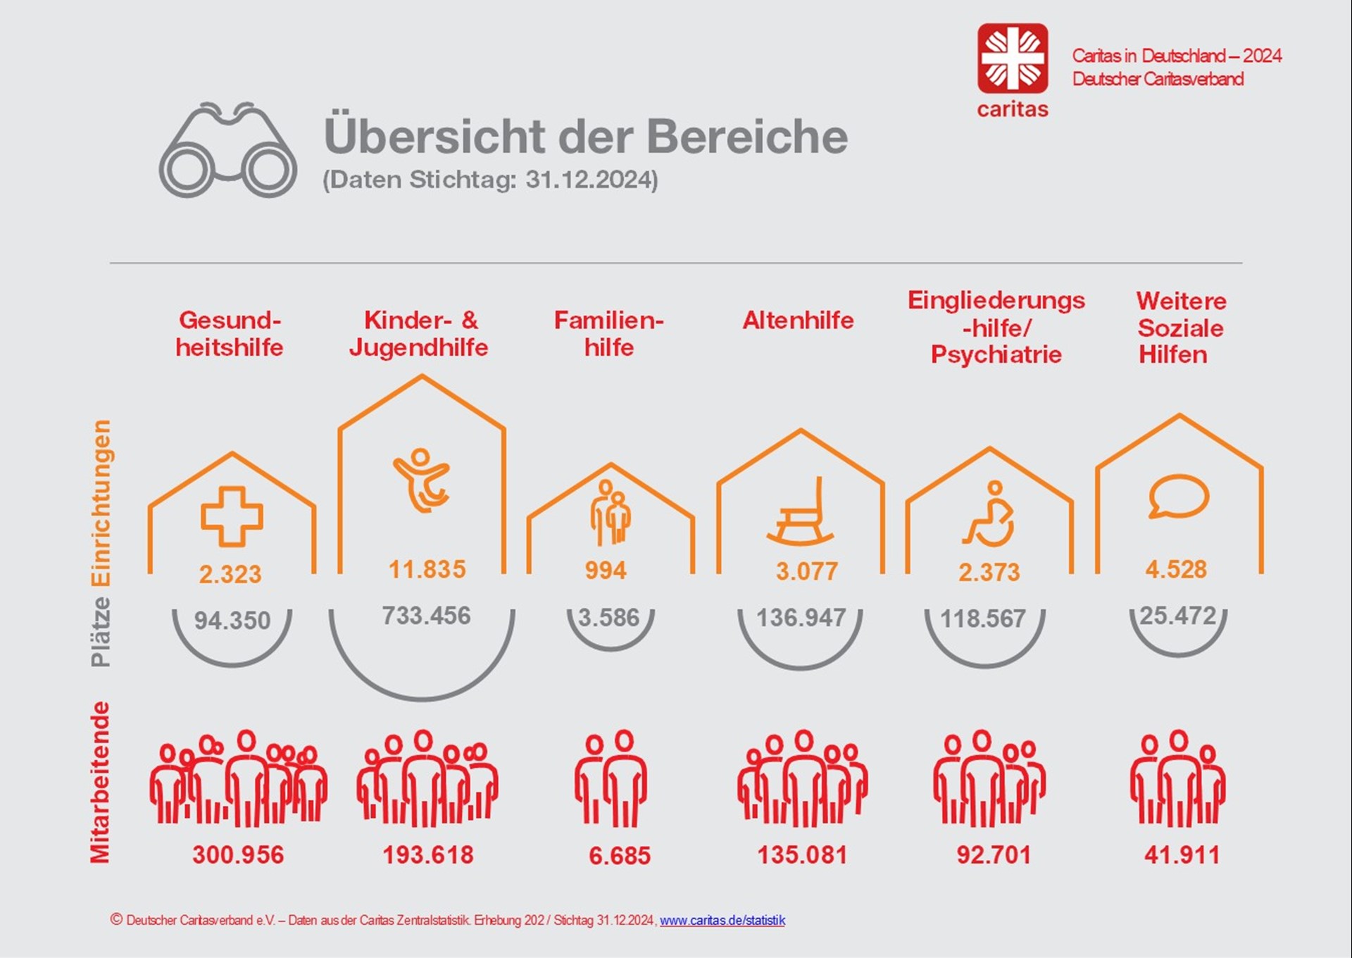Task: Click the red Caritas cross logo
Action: click(x=1012, y=58)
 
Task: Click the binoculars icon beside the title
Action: click(x=227, y=151)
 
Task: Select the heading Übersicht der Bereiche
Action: click(x=585, y=136)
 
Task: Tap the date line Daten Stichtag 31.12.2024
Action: click(x=490, y=180)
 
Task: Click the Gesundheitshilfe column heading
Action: click(x=230, y=334)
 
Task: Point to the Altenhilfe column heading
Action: click(x=798, y=321)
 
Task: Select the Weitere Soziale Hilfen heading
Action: click(x=1180, y=328)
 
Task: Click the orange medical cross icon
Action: click(x=232, y=516)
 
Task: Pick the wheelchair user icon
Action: click(x=989, y=514)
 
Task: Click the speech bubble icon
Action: click(x=1178, y=497)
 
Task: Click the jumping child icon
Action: click(x=421, y=480)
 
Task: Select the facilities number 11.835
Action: click(x=427, y=569)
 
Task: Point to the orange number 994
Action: click(x=606, y=570)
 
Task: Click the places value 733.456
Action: click(x=426, y=616)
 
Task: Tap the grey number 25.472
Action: click(x=1177, y=616)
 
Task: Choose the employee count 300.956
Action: click(x=238, y=854)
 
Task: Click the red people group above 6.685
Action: click(x=611, y=778)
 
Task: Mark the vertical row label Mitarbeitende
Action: click(x=101, y=781)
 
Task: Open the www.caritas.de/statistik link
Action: click(x=722, y=920)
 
